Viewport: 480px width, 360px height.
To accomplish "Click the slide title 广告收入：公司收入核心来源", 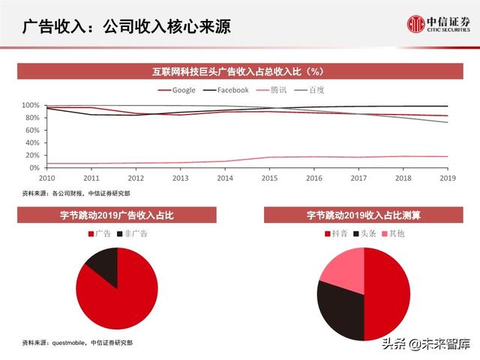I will (125, 27).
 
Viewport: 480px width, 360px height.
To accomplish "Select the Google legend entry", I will (177, 90).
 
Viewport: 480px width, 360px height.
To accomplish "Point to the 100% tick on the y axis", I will (30, 106).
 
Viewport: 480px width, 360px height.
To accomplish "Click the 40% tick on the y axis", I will (31, 142).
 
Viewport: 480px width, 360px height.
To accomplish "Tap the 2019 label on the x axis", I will (448, 178).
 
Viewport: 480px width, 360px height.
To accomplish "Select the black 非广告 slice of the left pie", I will (103, 266).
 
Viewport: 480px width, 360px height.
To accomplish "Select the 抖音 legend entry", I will (337, 234).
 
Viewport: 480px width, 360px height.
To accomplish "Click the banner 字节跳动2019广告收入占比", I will (117, 215).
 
